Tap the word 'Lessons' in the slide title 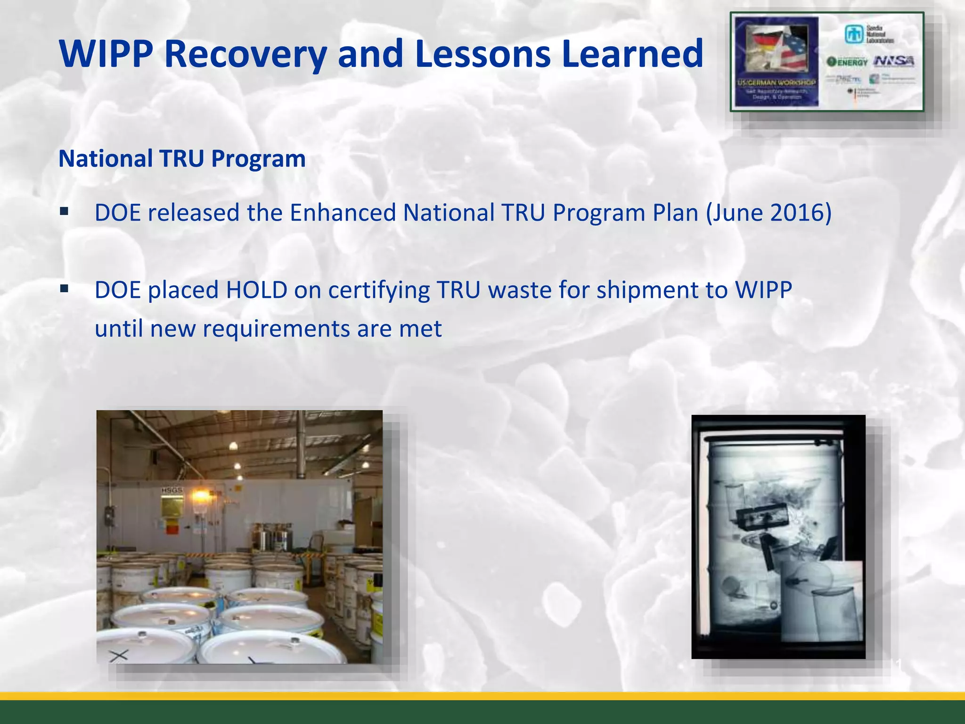coord(482,54)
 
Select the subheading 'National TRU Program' coord(182,158)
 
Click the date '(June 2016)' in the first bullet coord(769,213)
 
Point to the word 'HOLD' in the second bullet coord(257,290)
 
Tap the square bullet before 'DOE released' coord(65,211)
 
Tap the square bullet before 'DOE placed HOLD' coord(65,288)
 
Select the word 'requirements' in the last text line coord(276,329)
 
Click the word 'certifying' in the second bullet coord(379,290)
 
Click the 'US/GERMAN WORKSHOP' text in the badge coord(777,82)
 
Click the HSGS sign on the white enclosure coord(172,491)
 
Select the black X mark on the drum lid coord(119,655)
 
